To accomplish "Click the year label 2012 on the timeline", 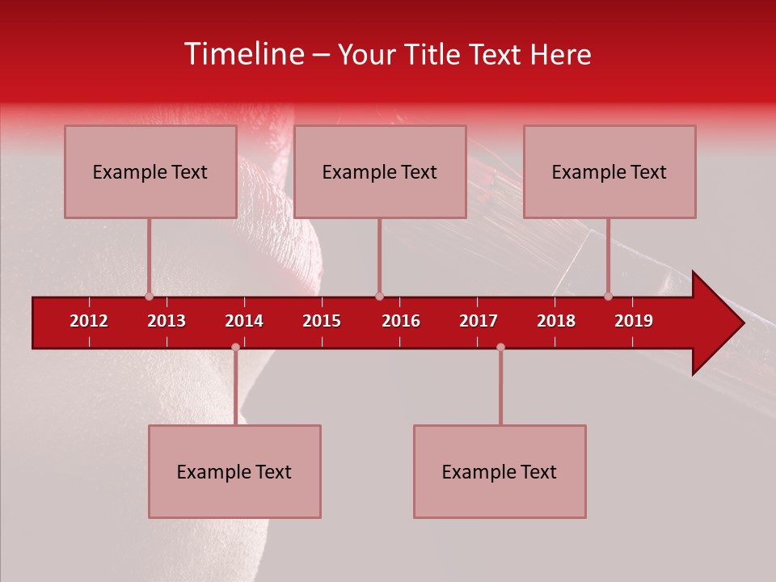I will coord(89,321).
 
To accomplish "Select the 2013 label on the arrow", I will coord(167,321).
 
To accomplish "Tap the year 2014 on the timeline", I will coord(244,321).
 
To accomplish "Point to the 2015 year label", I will coord(322,321).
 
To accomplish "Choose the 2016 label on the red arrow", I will coord(401,321).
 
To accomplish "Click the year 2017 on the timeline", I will coord(479,321).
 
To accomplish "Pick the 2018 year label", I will coord(556,321).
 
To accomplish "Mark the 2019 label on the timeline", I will coord(634,321).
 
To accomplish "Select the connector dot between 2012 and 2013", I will coord(149,297).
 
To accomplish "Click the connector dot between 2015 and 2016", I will coord(379,297).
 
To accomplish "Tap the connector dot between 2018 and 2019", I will coord(608,297).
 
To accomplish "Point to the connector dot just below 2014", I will coord(235,347).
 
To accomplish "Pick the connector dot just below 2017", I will coord(500,347).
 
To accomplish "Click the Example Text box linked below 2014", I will coord(234,471).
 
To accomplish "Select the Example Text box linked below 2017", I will coord(500,471).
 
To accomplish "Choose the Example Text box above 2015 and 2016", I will coord(380,171).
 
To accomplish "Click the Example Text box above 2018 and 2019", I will coord(609,171).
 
